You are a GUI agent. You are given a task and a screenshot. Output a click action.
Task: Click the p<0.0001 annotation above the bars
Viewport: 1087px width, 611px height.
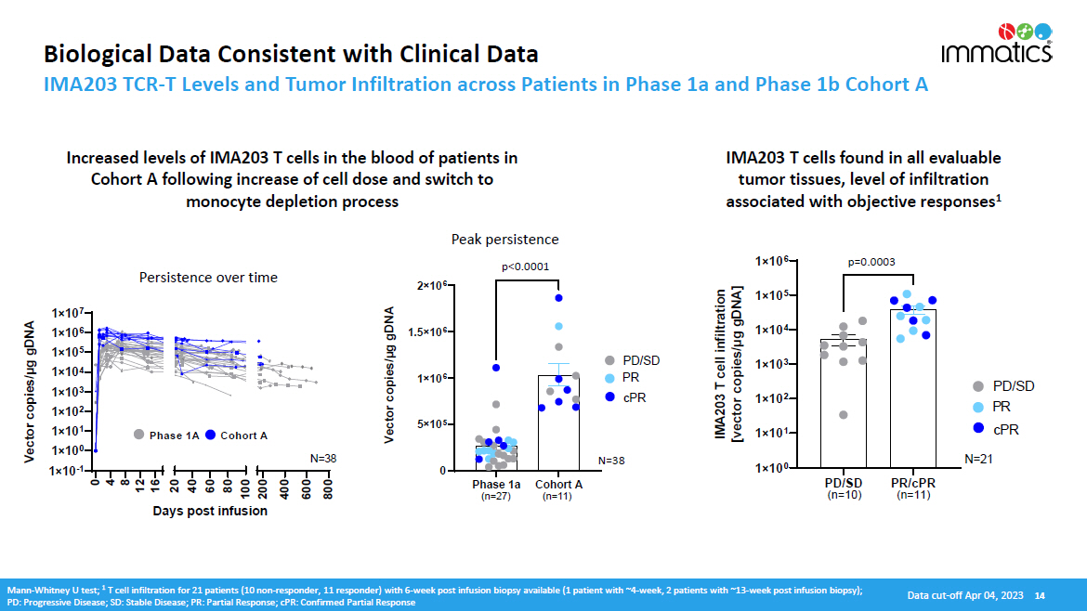526,266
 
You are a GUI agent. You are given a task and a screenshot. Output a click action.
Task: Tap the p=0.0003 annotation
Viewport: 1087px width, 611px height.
871,262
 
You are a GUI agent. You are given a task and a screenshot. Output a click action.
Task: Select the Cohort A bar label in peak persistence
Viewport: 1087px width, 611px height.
558,484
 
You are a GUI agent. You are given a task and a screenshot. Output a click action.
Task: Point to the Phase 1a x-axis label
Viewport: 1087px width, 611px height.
496,484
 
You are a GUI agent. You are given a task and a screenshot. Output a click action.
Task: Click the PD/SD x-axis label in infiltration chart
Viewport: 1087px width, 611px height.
844,483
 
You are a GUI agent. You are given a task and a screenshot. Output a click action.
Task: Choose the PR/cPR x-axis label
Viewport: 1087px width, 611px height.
914,483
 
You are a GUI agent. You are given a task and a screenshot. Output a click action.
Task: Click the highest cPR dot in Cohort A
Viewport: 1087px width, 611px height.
559,298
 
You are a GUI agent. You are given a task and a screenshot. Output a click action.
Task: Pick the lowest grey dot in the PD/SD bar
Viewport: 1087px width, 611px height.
843,415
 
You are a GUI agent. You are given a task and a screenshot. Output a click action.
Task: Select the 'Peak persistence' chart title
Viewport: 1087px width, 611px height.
504,240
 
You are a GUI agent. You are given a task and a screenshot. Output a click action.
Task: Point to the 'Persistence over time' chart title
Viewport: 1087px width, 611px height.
208,277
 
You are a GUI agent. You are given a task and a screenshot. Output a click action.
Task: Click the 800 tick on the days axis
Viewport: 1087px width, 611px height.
327,491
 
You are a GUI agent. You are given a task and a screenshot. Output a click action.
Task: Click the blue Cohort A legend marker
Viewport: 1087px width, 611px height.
210,435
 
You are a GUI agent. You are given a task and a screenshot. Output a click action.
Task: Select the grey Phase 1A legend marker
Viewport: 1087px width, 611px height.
138,435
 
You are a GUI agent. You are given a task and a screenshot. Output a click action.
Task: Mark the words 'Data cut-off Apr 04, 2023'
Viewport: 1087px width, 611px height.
965,595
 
